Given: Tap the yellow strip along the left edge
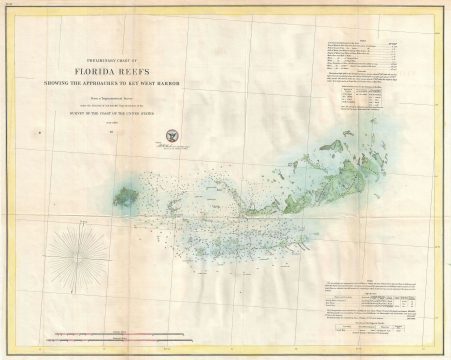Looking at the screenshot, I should click(x=3, y=180).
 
